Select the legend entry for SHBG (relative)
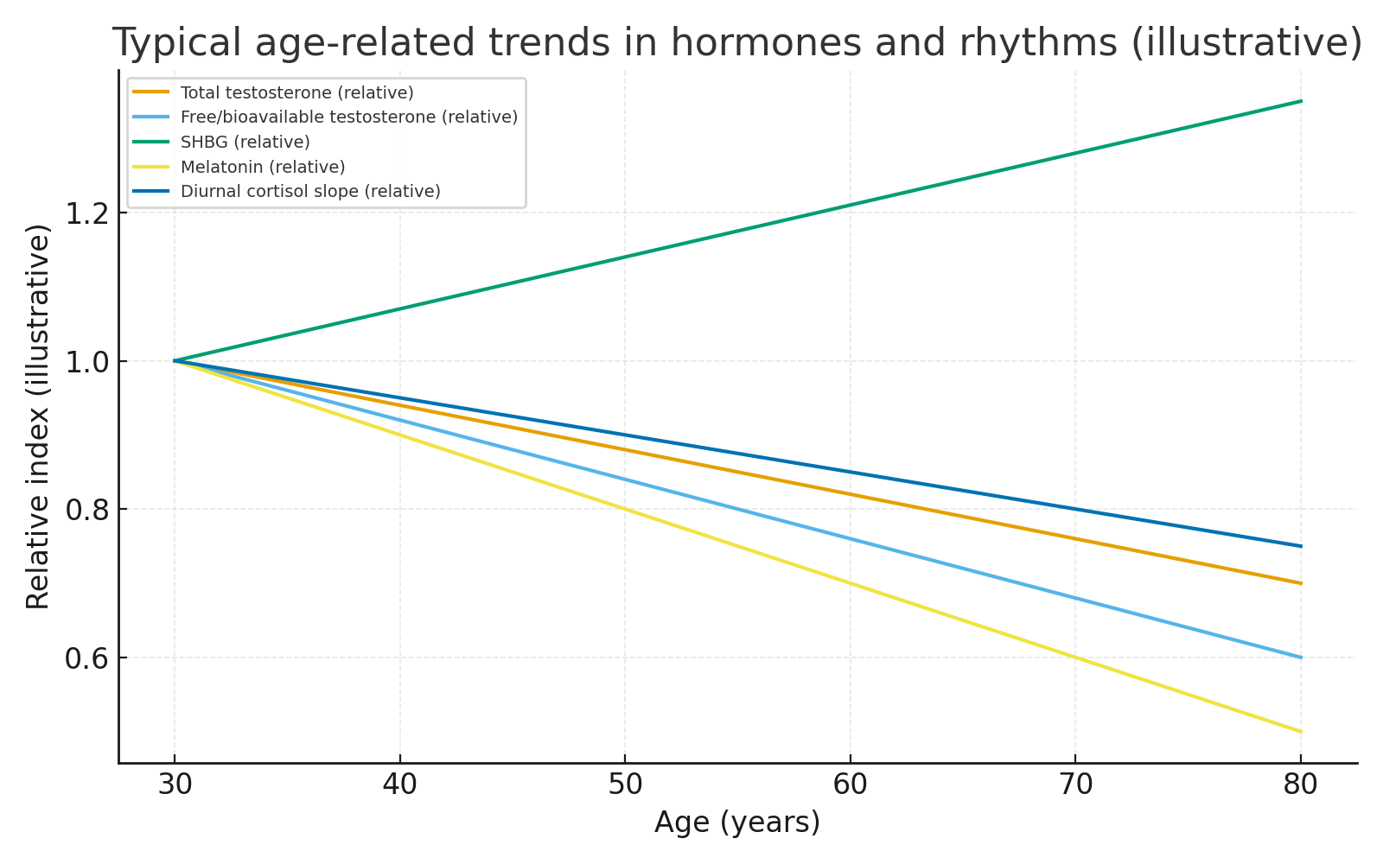click(245, 142)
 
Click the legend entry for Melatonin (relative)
click(263, 167)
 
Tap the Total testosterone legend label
click(296, 92)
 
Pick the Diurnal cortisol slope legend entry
click(310, 191)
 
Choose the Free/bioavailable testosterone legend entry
click(348, 117)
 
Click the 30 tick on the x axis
click(175, 785)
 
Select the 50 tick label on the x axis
click(625, 785)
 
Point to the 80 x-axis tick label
click(1300, 785)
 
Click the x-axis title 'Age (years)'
click(737, 823)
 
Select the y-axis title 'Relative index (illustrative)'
click(38, 416)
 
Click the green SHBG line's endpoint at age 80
click(1301, 101)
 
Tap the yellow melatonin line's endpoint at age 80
click(1301, 732)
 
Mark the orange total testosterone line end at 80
click(1301, 583)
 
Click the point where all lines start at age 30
click(175, 360)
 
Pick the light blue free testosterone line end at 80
click(1301, 658)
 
